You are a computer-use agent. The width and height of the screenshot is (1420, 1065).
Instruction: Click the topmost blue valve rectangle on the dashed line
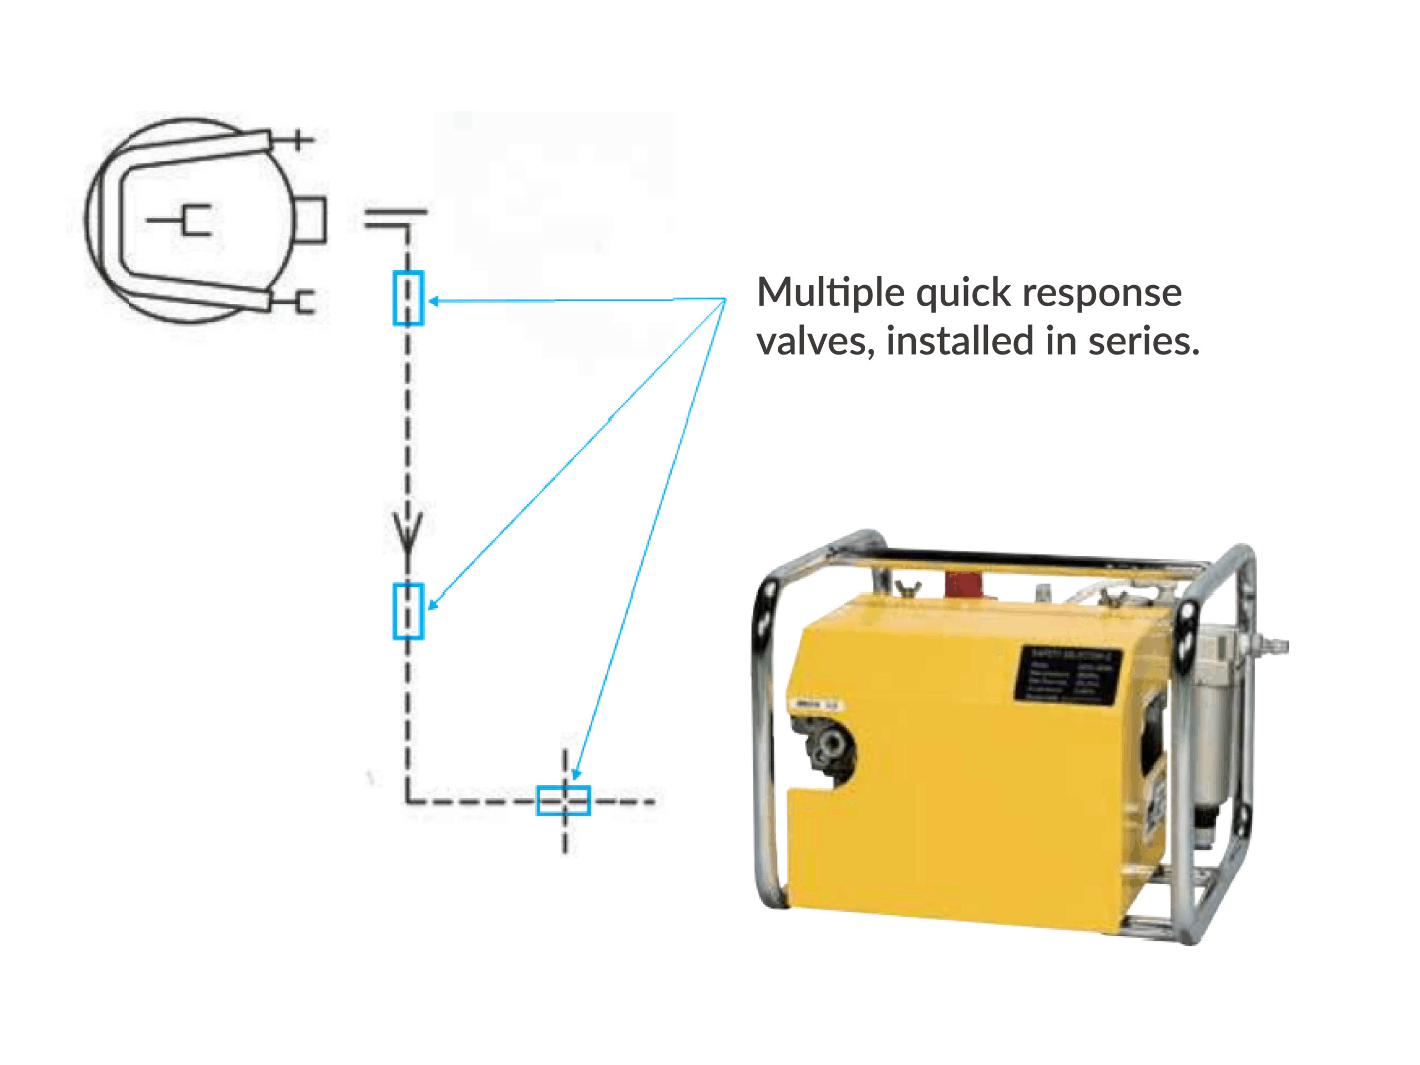(408, 298)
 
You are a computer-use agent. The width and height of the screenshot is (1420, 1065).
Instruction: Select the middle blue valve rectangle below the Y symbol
(408, 611)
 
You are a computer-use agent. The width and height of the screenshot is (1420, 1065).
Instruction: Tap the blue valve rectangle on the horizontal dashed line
(563, 800)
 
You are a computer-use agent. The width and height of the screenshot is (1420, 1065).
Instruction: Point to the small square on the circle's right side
(311, 220)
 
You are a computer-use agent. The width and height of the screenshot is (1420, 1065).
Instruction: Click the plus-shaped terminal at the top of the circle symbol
(297, 139)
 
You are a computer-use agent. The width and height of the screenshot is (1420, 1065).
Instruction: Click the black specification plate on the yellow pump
(1069, 673)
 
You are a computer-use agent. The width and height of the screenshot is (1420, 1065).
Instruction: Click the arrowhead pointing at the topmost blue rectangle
(434, 301)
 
